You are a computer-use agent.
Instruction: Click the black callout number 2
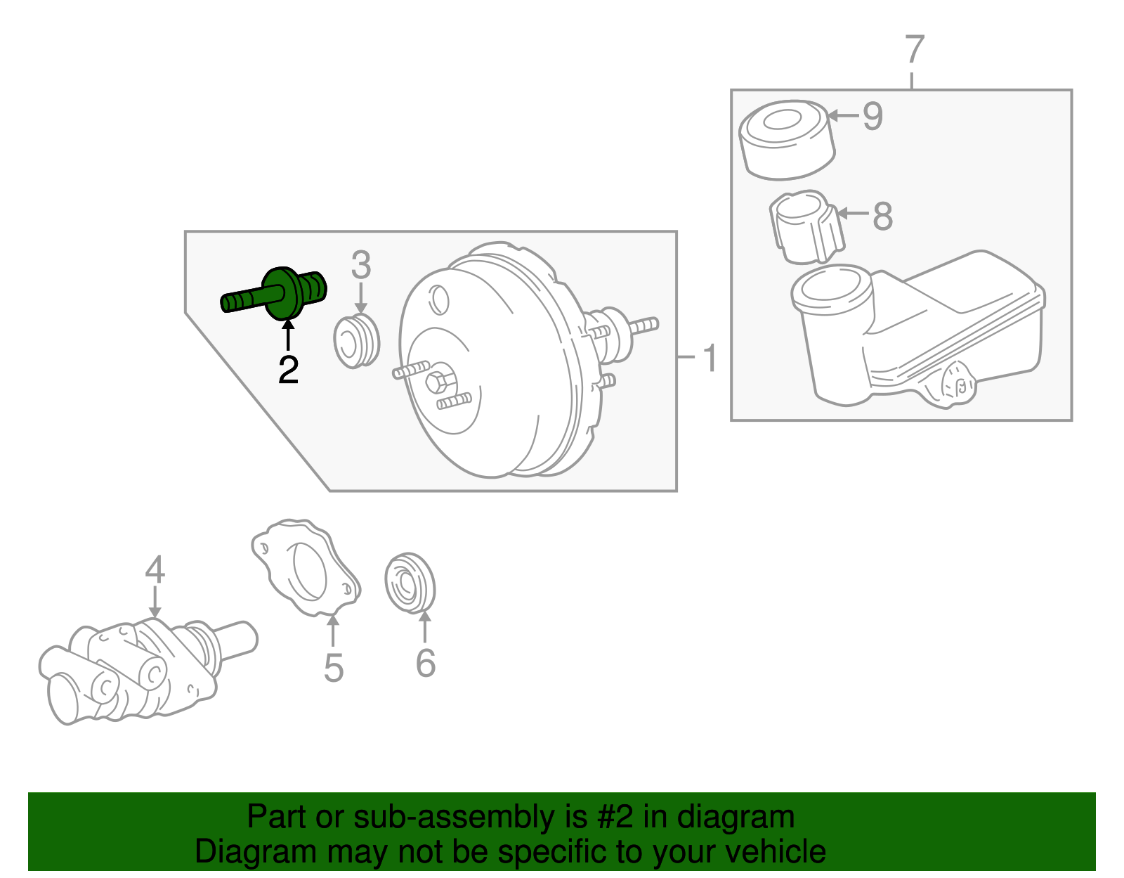click(288, 370)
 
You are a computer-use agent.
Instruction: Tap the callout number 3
click(360, 266)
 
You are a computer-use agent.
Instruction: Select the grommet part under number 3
click(356, 342)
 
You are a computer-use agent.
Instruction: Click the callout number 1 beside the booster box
click(710, 358)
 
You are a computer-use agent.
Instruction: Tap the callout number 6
click(425, 663)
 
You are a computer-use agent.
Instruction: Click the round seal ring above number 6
click(410, 583)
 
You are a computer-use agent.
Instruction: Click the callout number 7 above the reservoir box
click(913, 51)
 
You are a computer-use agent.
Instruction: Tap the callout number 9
click(872, 116)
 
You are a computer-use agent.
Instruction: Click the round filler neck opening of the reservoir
click(831, 288)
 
